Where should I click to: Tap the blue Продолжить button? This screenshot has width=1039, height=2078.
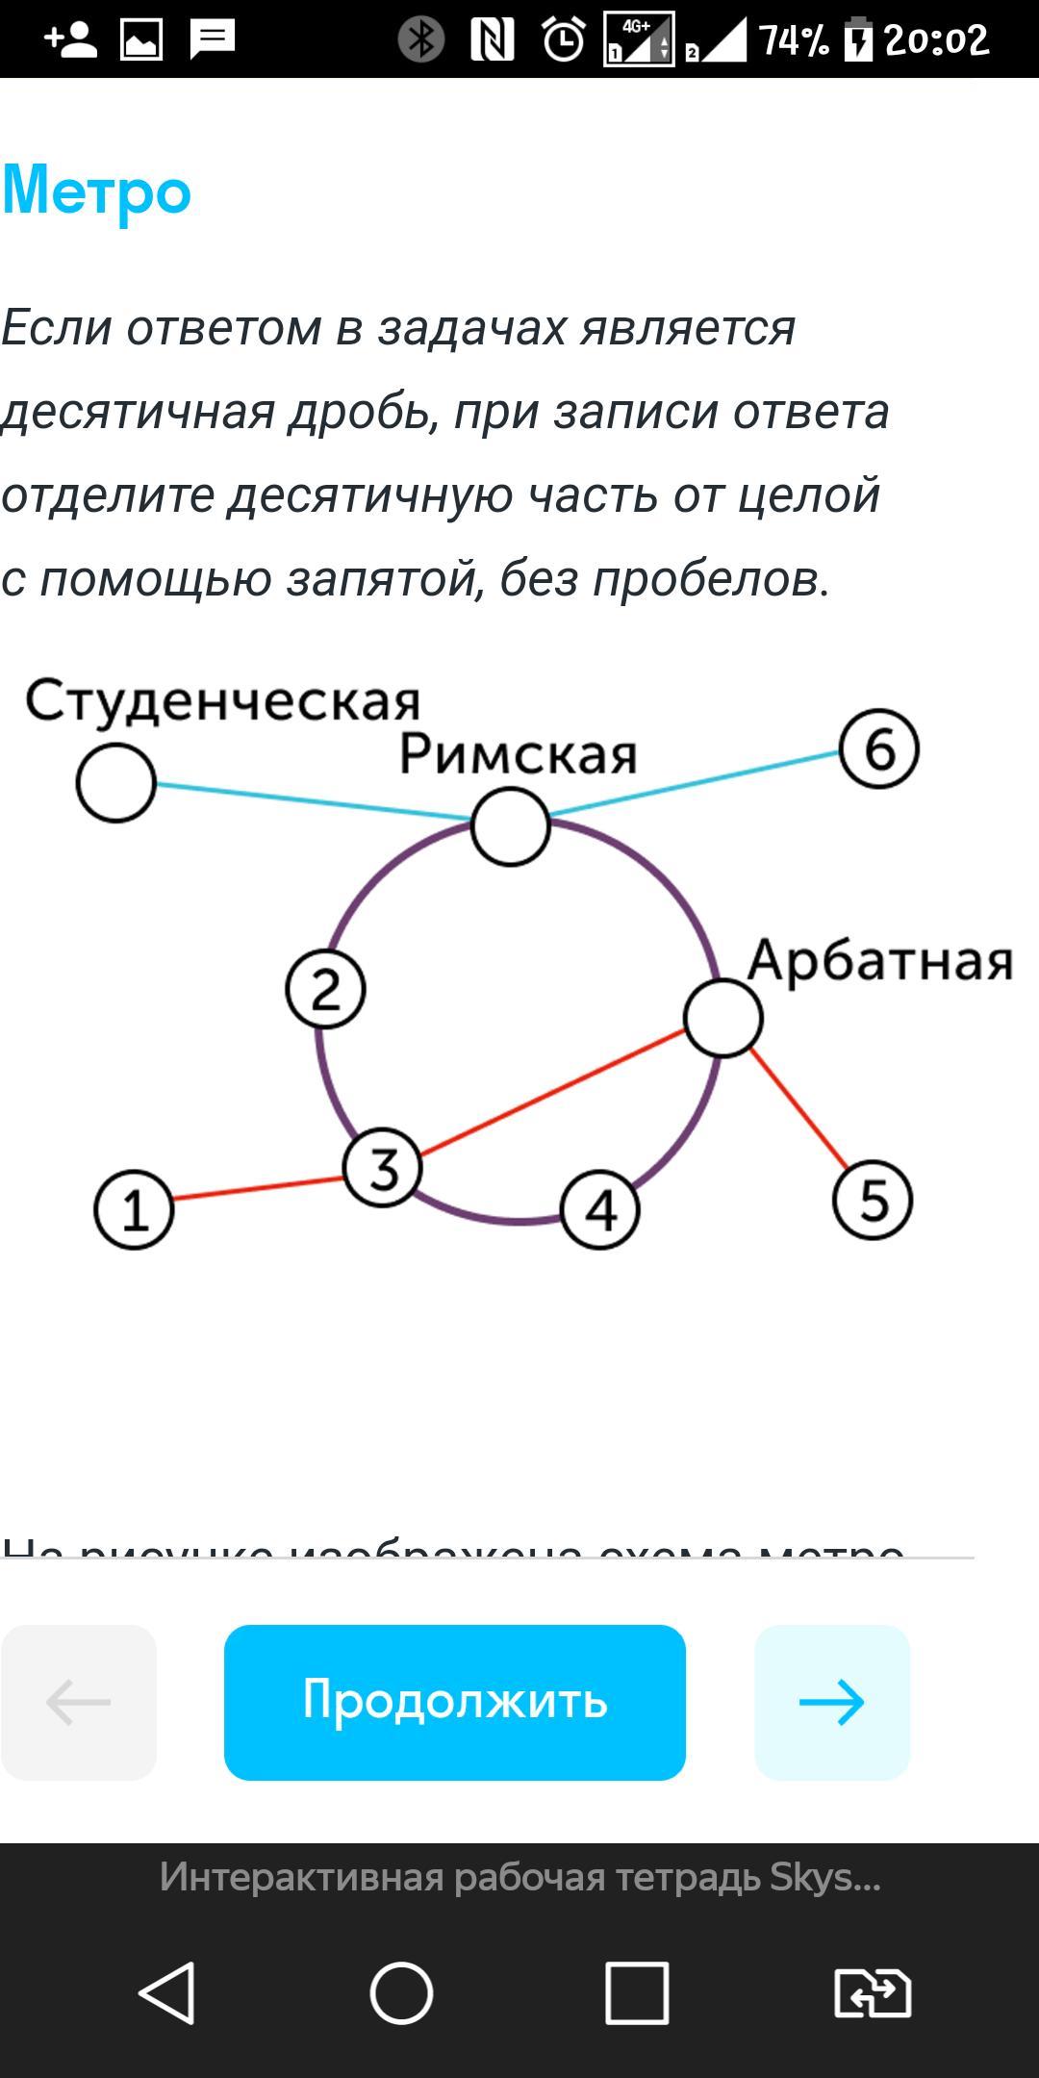(454, 1702)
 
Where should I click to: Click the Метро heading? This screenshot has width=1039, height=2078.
(97, 190)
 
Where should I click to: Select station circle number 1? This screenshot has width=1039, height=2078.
(134, 1209)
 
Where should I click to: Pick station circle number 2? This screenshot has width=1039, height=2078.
(326, 989)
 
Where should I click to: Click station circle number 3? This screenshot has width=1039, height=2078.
(383, 1168)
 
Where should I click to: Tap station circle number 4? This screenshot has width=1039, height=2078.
(600, 1209)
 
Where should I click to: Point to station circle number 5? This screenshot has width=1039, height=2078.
(873, 1200)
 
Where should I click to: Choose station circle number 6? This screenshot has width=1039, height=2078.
(879, 749)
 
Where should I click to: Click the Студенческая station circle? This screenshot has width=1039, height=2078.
(116, 782)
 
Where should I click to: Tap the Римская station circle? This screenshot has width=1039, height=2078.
(511, 826)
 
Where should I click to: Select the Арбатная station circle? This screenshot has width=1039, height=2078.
(723, 1018)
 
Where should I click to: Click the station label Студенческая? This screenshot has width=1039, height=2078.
(222, 701)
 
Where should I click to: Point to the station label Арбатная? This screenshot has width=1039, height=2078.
(880, 960)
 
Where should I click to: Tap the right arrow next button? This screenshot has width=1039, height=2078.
(832, 1702)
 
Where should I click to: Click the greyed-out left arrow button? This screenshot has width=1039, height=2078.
(79, 1702)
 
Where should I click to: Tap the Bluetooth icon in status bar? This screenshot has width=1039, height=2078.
(421, 39)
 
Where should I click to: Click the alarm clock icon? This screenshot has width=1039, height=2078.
(564, 39)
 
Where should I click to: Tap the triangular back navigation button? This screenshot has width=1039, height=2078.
(168, 1992)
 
